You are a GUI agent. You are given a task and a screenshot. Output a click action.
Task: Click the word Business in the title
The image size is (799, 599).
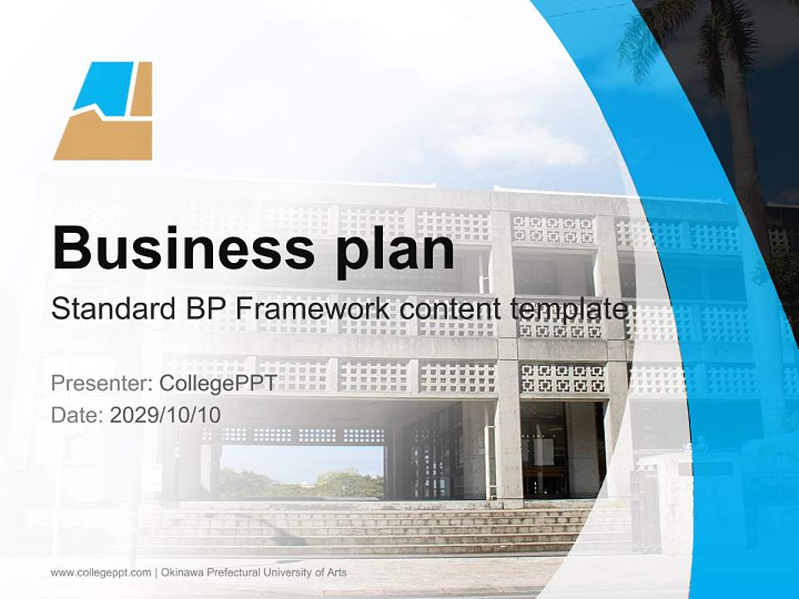175,247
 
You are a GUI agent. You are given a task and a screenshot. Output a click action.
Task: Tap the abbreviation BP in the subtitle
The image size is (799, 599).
205,309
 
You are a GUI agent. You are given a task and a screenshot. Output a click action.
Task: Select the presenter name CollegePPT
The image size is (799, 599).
217,384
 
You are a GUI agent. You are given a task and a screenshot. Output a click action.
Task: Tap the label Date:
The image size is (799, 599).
77,414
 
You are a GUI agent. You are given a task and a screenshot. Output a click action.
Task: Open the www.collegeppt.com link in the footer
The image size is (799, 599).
101,572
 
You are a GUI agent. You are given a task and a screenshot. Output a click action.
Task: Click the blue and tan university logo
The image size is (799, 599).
103,111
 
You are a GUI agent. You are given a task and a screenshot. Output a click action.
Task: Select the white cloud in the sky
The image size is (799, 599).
516,146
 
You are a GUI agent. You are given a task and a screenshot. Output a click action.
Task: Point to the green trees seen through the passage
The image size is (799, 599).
300,483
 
